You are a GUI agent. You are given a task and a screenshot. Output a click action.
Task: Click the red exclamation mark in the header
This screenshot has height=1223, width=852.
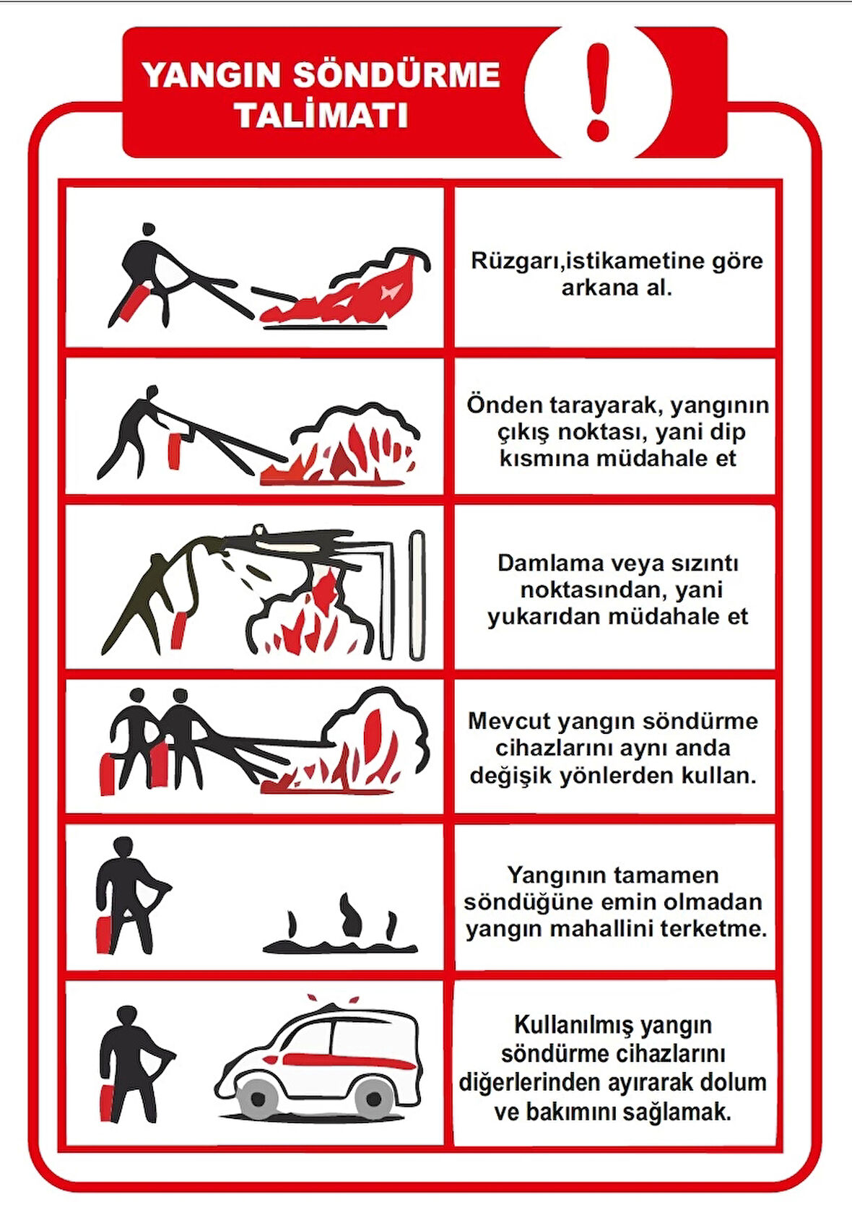point(599,91)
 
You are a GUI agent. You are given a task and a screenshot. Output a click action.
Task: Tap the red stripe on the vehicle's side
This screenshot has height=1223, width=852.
point(347,1060)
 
